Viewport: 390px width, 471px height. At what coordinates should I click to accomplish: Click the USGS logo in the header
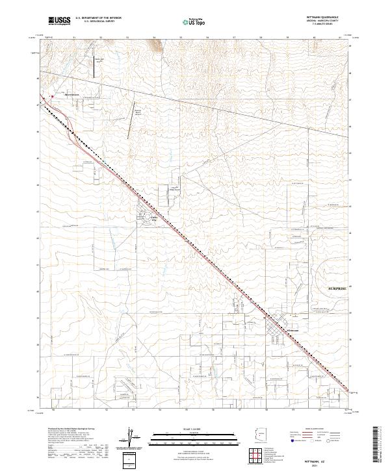tap(59, 21)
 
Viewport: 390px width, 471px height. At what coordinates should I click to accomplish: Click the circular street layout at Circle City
tap(142, 218)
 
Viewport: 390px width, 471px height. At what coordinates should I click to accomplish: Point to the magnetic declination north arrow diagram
tap(134, 436)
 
